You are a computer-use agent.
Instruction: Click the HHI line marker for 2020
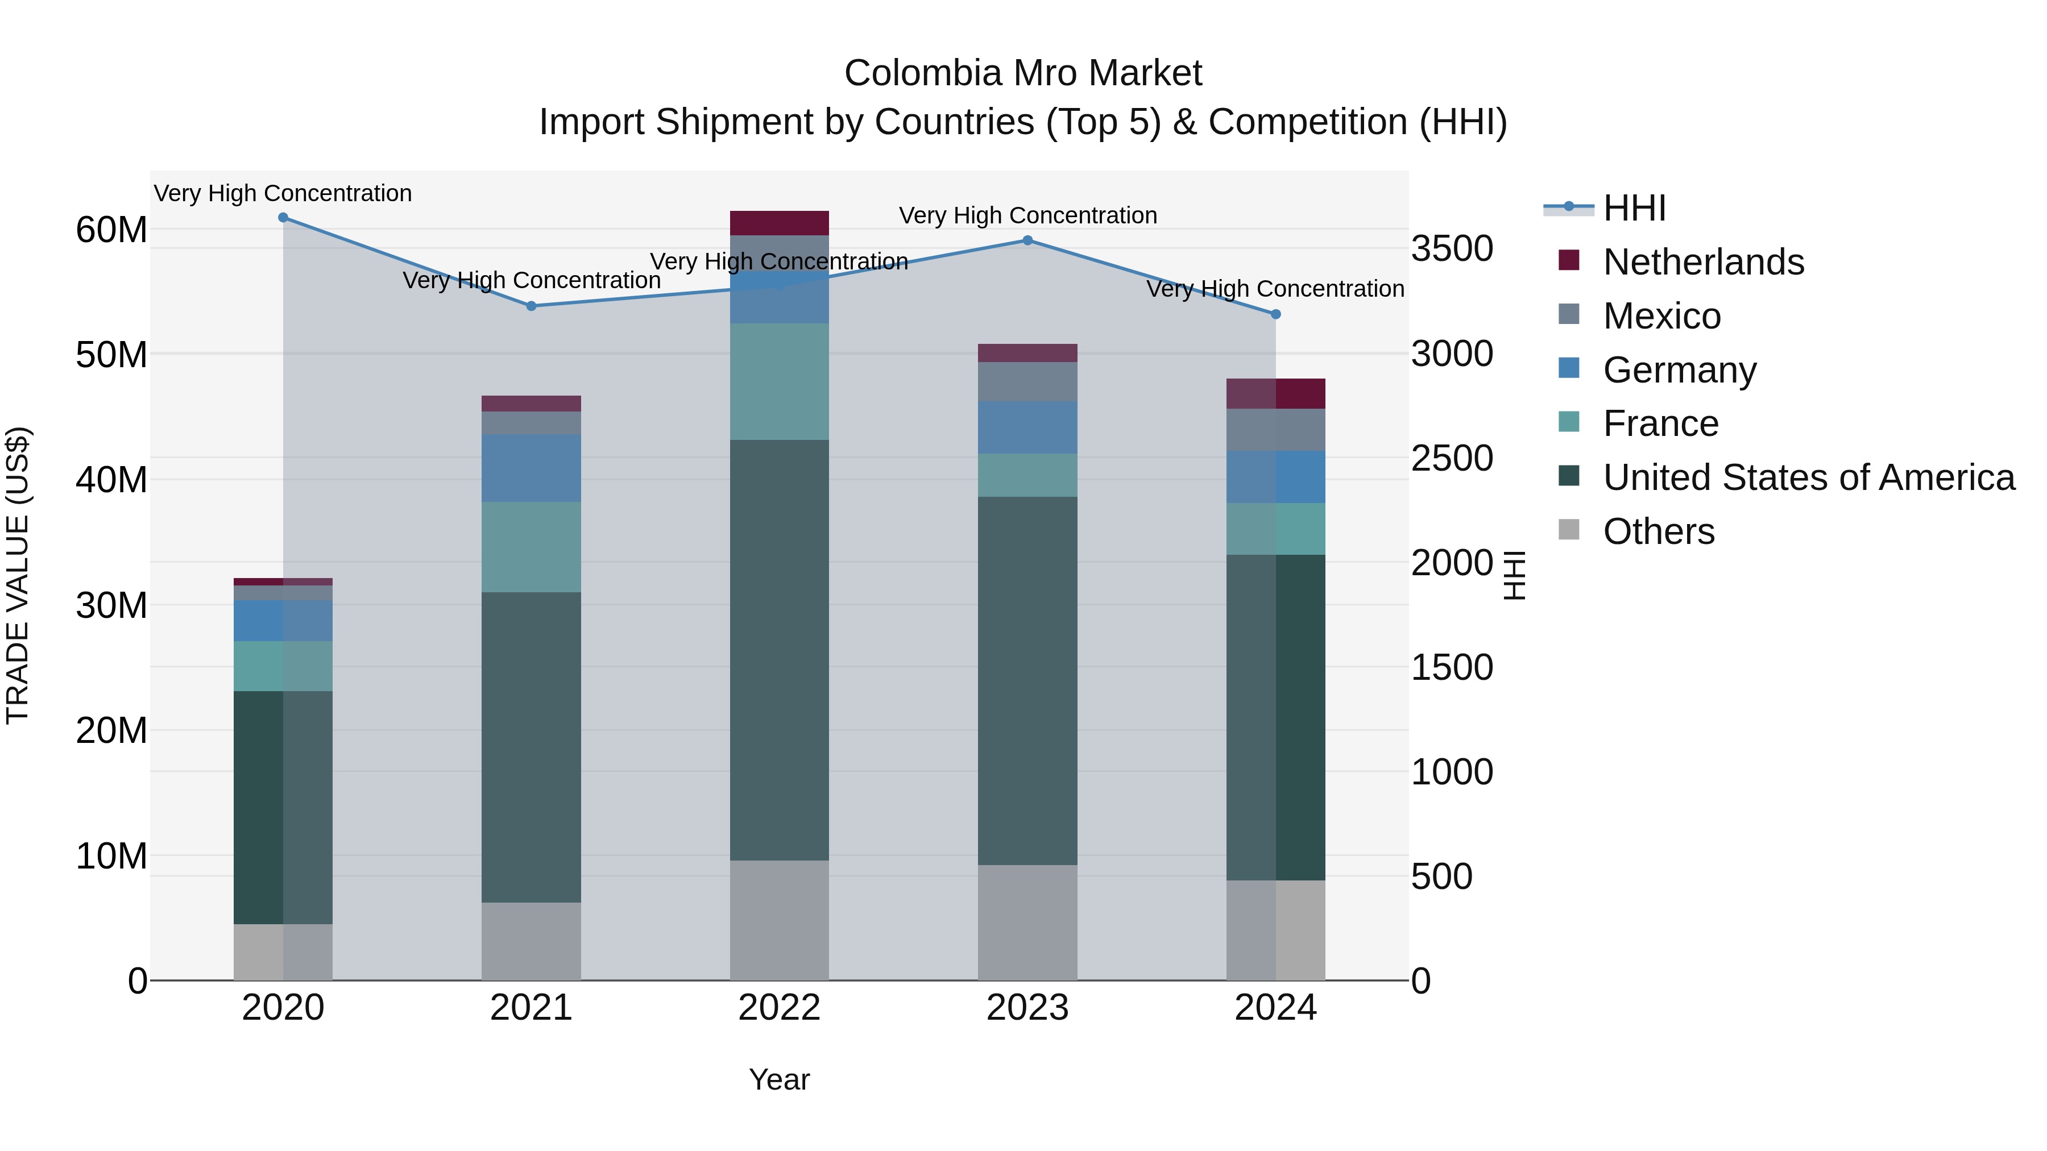pyautogui.click(x=283, y=218)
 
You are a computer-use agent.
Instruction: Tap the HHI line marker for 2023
pyautogui.click(x=1027, y=240)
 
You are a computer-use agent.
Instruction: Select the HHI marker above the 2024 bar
pyautogui.click(x=1276, y=314)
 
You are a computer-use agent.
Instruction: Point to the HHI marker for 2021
pyautogui.click(x=532, y=306)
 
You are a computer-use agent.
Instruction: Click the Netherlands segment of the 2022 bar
pyautogui.click(x=780, y=223)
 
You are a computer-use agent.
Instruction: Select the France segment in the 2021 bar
pyautogui.click(x=532, y=547)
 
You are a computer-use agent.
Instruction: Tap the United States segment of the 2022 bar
pyautogui.click(x=780, y=650)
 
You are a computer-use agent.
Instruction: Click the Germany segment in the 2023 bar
pyautogui.click(x=1027, y=428)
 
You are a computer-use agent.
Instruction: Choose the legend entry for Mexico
pyautogui.click(x=1661, y=316)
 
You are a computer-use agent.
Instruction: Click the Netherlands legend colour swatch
pyautogui.click(x=1569, y=260)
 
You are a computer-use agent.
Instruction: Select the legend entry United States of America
pyautogui.click(x=1809, y=477)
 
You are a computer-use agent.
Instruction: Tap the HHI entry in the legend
pyautogui.click(x=1634, y=208)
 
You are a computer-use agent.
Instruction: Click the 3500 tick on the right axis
pyautogui.click(x=1452, y=248)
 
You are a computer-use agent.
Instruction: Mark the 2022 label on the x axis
pyautogui.click(x=780, y=1008)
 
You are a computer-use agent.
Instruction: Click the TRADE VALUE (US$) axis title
pyautogui.click(x=18, y=575)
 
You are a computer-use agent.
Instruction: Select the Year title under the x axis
pyautogui.click(x=780, y=1079)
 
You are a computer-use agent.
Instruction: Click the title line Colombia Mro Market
pyautogui.click(x=1023, y=73)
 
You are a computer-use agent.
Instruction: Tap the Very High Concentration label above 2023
pyautogui.click(x=1027, y=215)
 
